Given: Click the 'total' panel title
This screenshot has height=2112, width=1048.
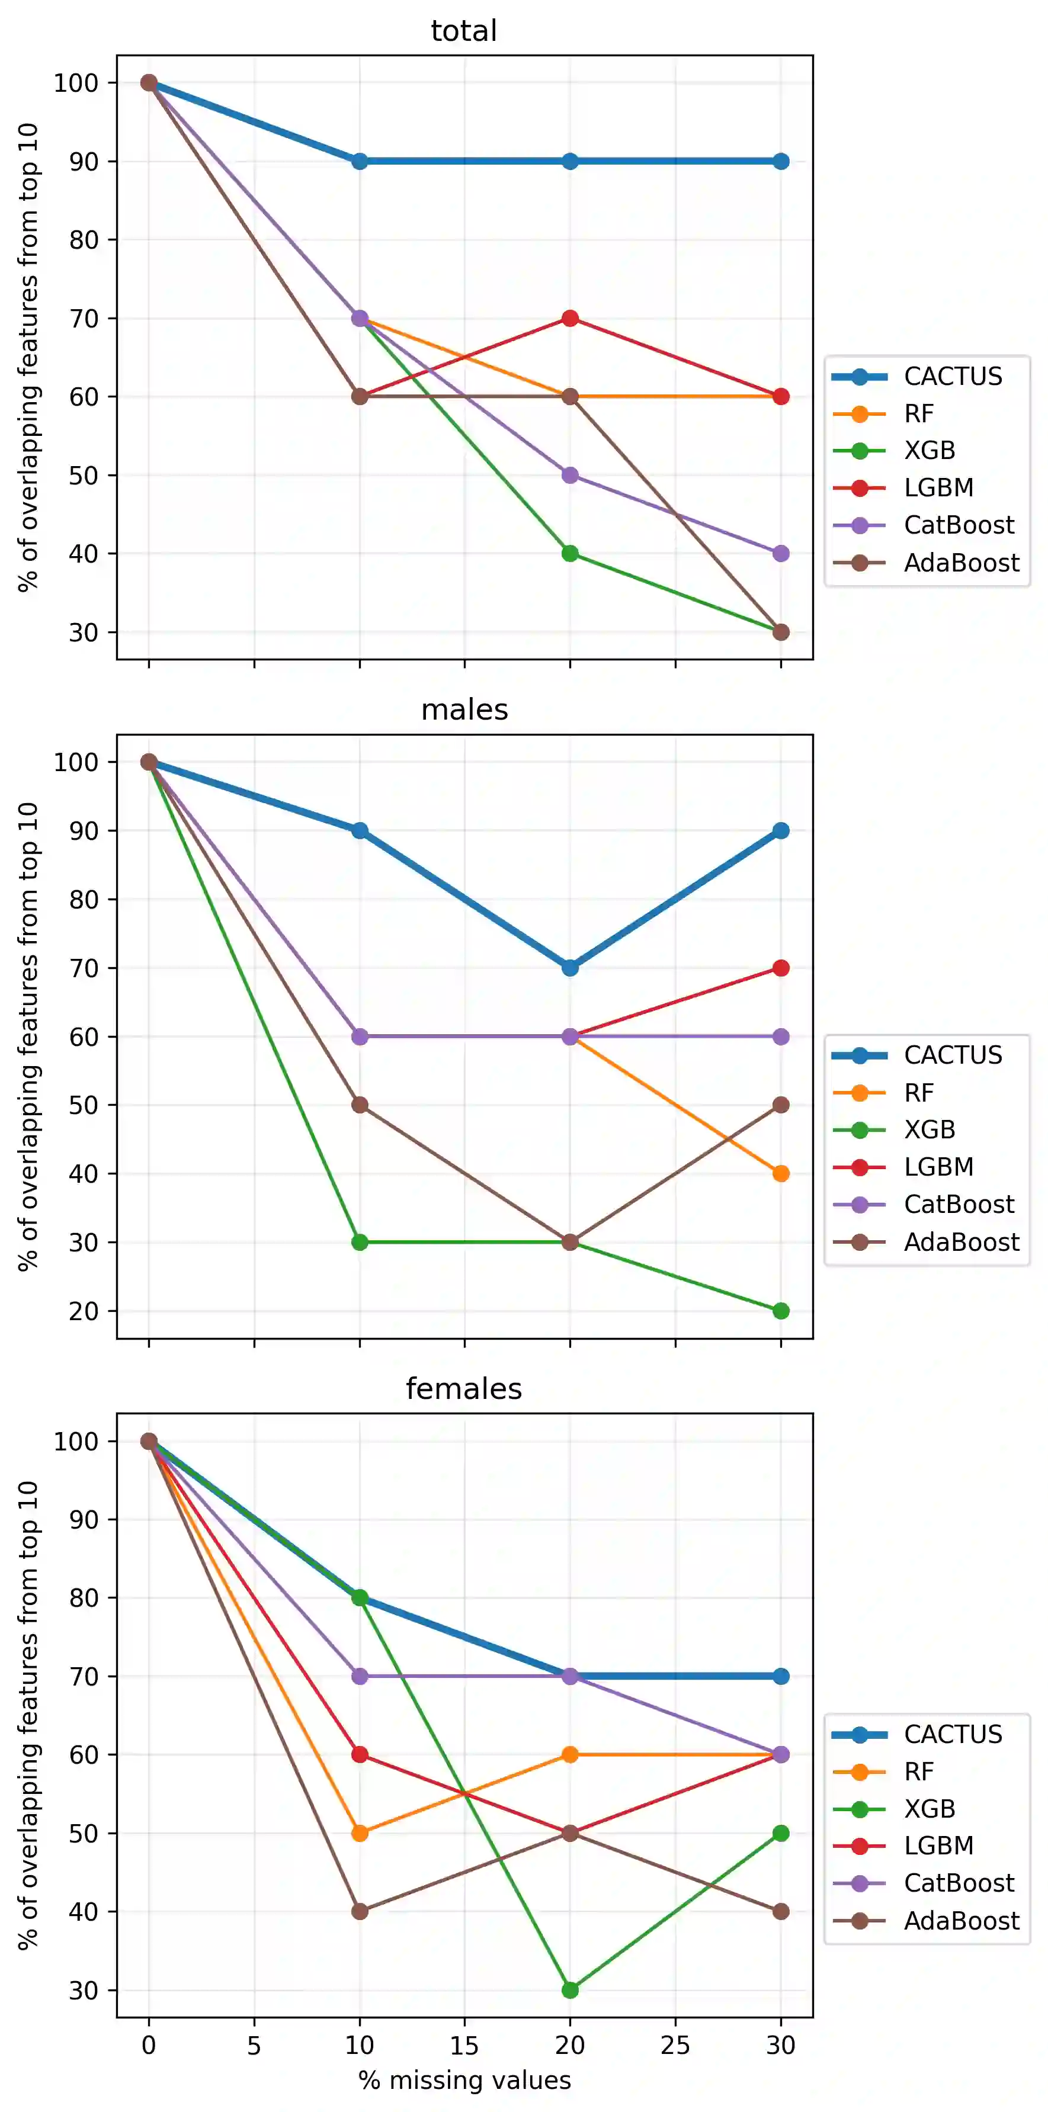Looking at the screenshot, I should pyautogui.click(x=463, y=31).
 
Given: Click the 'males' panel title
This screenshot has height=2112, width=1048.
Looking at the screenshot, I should pyautogui.click(x=464, y=710).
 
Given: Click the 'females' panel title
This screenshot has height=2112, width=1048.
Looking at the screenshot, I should pyautogui.click(x=463, y=1389).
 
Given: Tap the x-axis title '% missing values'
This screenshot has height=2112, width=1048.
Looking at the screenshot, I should pyautogui.click(x=464, y=2080).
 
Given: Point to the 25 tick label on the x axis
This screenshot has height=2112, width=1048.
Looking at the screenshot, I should pyautogui.click(x=675, y=2046).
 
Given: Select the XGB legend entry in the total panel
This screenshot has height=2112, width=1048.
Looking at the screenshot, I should pyautogui.click(x=929, y=450).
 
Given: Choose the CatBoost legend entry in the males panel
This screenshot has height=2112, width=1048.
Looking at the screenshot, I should pyautogui.click(x=959, y=1205).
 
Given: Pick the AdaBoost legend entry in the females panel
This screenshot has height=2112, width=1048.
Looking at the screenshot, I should pyautogui.click(x=961, y=1921).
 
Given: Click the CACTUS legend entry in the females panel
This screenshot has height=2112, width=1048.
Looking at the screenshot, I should pyautogui.click(x=953, y=1734).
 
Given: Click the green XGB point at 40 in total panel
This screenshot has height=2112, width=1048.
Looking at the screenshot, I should pyautogui.click(x=570, y=553).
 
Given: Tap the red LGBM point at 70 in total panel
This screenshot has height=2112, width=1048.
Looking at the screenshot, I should pyautogui.click(x=570, y=318).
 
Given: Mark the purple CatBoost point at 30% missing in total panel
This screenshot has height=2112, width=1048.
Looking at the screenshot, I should pyautogui.click(x=781, y=553).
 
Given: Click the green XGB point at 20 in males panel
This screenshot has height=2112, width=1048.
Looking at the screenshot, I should pyautogui.click(x=781, y=1311).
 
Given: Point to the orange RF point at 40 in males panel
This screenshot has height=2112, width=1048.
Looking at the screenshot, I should pyautogui.click(x=781, y=1173).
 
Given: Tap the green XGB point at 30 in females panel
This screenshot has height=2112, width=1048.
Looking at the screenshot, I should pyautogui.click(x=570, y=1990).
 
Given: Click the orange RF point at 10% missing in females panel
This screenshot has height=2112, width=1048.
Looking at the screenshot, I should pyautogui.click(x=359, y=1833).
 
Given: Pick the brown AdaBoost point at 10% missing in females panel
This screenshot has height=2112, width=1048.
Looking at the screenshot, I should pyautogui.click(x=359, y=1911).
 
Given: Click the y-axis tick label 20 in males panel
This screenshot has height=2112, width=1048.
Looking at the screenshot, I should pyautogui.click(x=84, y=1311).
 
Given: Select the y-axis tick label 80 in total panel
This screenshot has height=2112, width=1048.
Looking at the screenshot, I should pyautogui.click(x=84, y=240).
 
